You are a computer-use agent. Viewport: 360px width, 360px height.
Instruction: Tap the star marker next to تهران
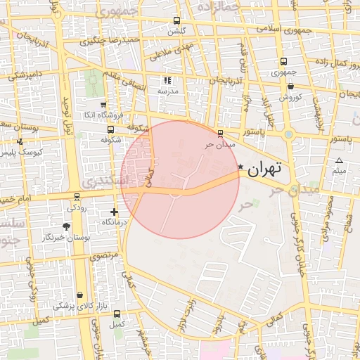click(241, 167)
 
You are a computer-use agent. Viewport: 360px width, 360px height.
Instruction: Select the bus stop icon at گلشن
click(176, 21)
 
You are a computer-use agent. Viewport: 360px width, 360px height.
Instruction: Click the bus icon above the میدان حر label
click(221, 133)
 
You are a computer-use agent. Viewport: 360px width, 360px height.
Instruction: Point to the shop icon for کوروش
click(290, 86)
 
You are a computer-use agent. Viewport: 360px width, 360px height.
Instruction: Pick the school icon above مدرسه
click(167, 81)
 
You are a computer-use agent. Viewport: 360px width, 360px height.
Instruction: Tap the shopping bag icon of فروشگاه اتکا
click(104, 105)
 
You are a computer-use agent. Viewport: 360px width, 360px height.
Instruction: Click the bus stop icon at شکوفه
click(110, 129)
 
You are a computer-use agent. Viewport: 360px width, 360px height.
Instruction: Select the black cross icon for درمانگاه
click(115, 212)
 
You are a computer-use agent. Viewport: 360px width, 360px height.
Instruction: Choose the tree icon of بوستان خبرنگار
click(67, 226)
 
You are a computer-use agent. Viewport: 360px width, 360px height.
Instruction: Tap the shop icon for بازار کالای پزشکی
click(79, 295)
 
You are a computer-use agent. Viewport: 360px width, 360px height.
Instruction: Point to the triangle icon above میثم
click(339, 161)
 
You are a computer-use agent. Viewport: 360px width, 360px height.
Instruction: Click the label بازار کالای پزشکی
click(74, 307)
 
